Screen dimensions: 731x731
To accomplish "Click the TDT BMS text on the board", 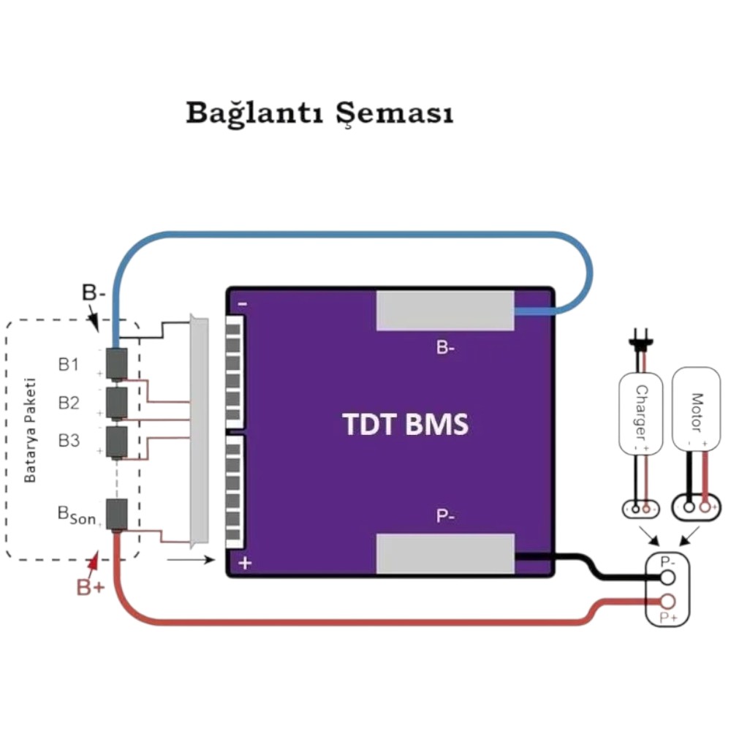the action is tap(405, 424).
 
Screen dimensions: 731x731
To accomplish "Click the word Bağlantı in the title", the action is tap(254, 113).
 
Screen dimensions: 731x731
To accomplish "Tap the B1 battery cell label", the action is tap(69, 364).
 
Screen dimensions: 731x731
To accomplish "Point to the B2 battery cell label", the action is tap(69, 402).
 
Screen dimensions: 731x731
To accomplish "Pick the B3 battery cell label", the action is tap(69, 440).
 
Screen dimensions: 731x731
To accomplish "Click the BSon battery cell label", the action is tap(77, 515).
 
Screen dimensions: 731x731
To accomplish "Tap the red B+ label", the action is tap(91, 587).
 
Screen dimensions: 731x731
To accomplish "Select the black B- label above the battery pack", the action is tap(94, 293).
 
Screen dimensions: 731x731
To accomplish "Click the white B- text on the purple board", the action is tap(445, 347).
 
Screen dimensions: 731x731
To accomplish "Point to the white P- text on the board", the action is tap(445, 516).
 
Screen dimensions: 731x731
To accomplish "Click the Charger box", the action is tap(640, 413).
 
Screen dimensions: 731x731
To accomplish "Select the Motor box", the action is tap(696, 409).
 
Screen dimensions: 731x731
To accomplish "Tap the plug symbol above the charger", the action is tap(640, 339).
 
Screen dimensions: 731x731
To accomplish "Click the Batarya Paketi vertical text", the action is tap(29, 431).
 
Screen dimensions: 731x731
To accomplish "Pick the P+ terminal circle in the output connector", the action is tap(667, 602).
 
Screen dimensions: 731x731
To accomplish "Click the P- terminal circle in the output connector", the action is tap(667, 577).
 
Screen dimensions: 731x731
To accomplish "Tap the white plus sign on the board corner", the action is tap(245, 563).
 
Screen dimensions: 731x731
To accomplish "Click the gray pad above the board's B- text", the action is tap(445, 311).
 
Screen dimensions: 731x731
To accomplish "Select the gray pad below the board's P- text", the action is tap(445, 554).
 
